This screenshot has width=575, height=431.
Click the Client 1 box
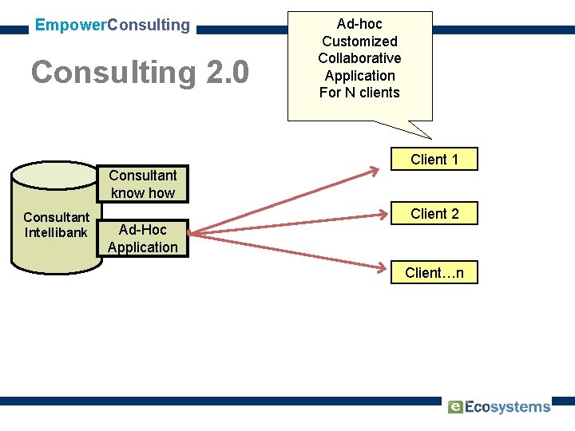434,160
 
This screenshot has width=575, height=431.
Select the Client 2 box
434,214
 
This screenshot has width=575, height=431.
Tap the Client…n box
434,273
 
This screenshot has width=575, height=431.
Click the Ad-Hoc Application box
143,239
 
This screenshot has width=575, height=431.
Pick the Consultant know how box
143,184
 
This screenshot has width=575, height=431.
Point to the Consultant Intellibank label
56,225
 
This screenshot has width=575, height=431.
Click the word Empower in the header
70,25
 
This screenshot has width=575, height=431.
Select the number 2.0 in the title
228,73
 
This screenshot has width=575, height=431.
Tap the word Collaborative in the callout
359,58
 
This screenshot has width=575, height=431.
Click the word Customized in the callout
359,41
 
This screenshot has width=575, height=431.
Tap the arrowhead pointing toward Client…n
387,265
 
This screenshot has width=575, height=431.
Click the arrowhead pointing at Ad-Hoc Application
194,234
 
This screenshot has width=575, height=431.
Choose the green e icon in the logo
455,406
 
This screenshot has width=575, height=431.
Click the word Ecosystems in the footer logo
508,407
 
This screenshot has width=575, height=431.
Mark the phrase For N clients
359,93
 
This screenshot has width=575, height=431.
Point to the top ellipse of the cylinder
56,172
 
